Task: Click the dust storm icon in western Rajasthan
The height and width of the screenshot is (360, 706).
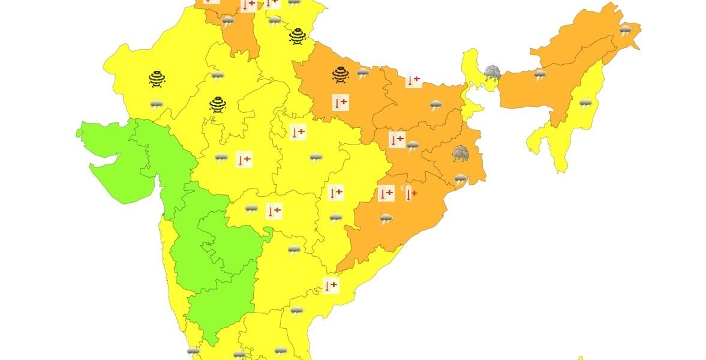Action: tap(157, 79)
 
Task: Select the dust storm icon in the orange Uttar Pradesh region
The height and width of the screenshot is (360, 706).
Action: tap(341, 74)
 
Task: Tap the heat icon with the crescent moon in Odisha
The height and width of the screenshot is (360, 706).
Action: tap(410, 193)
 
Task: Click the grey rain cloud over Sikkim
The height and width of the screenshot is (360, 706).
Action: tap(492, 73)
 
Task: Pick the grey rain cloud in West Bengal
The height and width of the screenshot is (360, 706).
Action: tap(461, 153)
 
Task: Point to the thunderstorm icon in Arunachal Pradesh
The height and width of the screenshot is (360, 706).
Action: tap(626, 30)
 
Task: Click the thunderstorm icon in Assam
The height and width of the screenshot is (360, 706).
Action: tap(540, 74)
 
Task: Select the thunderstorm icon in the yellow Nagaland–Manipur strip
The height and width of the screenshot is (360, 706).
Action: tap(585, 103)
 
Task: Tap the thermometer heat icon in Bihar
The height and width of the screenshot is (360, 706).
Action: tap(413, 80)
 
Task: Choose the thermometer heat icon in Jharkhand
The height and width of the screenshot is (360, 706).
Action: tap(396, 140)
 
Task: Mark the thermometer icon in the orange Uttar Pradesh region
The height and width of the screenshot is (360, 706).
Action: tap(340, 103)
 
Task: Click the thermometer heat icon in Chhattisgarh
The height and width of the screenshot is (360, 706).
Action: tap(336, 193)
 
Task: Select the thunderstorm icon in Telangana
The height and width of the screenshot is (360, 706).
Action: tap(294, 250)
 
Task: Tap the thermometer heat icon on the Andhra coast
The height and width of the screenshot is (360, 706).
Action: tap(331, 286)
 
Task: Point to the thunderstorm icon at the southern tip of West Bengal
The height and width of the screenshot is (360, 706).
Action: tap(461, 179)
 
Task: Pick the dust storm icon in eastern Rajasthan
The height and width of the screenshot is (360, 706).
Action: tap(218, 105)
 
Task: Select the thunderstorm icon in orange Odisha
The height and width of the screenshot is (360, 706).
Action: tap(386, 219)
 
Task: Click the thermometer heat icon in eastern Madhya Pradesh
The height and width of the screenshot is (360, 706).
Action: tap(298, 132)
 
